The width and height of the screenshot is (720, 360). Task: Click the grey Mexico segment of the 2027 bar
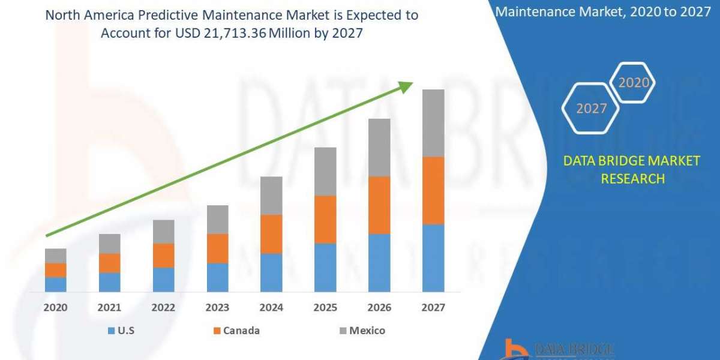[433, 123]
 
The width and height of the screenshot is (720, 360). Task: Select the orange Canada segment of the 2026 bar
[379, 205]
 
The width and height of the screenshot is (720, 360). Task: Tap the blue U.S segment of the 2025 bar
[325, 268]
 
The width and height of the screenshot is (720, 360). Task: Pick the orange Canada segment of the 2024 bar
[271, 234]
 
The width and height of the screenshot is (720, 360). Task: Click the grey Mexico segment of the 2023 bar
[217, 220]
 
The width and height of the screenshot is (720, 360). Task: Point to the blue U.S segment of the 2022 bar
[163, 280]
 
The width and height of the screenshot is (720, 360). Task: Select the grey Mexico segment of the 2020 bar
[56, 256]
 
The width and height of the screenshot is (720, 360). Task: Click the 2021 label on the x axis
[109, 308]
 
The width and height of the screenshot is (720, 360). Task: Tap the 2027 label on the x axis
[433, 308]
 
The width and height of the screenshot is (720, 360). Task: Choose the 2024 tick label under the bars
[271, 308]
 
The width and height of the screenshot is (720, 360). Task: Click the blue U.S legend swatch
[110, 331]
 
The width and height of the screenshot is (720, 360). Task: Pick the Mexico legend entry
[367, 331]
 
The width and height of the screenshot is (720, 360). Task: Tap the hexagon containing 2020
[632, 83]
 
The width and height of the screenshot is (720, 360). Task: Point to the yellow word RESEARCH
[632, 178]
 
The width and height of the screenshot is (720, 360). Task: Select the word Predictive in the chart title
[174, 16]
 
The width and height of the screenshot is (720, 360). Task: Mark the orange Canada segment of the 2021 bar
[109, 263]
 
